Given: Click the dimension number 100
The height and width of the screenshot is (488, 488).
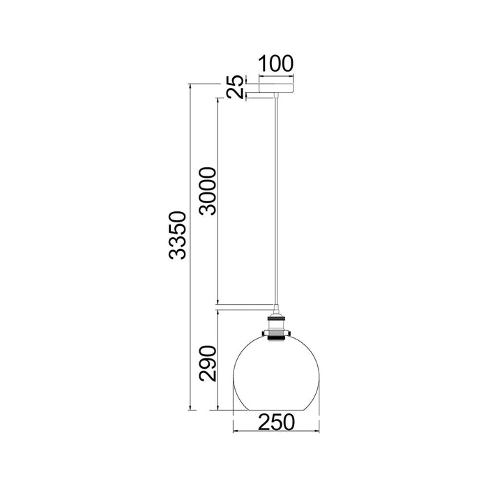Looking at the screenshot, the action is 276,63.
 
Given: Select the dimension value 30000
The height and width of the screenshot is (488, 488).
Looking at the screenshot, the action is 208,191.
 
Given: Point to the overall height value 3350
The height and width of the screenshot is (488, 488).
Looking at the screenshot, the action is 177,235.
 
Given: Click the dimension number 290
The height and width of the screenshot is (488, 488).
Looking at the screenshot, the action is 208,363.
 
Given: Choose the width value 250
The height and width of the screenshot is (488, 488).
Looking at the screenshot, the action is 276,421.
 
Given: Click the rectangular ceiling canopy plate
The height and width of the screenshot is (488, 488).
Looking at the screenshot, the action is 276,88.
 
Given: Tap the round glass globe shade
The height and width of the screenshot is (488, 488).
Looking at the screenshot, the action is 276,373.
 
